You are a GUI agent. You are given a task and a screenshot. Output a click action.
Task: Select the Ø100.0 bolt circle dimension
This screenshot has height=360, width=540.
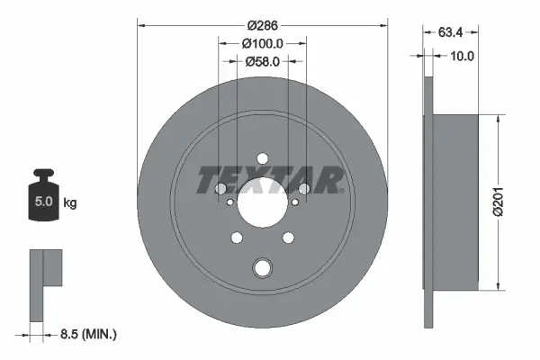click(262, 43)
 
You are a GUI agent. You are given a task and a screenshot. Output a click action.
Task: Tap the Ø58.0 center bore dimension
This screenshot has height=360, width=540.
click(262, 61)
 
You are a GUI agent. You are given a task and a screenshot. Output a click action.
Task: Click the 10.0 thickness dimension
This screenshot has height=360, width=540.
click(463, 56)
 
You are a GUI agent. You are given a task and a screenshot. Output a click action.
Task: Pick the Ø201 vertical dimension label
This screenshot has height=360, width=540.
click(508, 202)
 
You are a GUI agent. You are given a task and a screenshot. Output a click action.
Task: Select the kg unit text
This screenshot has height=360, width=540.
click(70, 203)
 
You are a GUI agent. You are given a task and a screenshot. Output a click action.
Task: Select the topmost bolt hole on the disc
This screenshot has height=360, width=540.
click(262, 159)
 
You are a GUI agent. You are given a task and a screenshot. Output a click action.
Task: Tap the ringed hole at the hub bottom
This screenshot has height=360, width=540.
click(262, 267)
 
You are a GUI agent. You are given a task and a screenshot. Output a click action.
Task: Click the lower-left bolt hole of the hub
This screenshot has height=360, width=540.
click(238, 238)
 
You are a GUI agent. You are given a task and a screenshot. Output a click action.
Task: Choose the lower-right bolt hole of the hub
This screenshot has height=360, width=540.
click(288, 238)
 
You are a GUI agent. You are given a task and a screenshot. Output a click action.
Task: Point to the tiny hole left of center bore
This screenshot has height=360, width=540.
click(232, 202)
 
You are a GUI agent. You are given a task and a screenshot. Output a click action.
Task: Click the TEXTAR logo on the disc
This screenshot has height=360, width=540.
click(271, 180)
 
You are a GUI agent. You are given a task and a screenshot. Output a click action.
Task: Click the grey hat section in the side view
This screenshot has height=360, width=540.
click(454, 202)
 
